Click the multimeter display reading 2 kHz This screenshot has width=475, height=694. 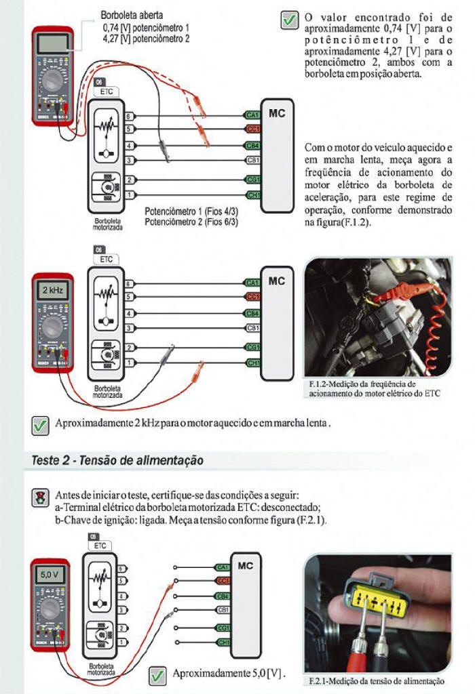[x=53, y=290]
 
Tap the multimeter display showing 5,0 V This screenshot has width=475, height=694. [x=50, y=574]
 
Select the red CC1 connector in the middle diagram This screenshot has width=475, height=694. [x=253, y=297]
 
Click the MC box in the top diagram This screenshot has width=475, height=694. [x=276, y=156]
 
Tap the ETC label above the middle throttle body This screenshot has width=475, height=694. [x=106, y=260]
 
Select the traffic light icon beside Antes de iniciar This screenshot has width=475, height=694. [x=40, y=498]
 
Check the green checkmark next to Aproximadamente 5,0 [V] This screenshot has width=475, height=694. [x=157, y=675]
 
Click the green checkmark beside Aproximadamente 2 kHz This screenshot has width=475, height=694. [x=40, y=425]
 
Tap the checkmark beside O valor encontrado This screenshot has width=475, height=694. [x=289, y=20]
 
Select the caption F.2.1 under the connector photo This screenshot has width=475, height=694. [x=376, y=680]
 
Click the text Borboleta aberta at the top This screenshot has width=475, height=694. [x=132, y=14]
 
